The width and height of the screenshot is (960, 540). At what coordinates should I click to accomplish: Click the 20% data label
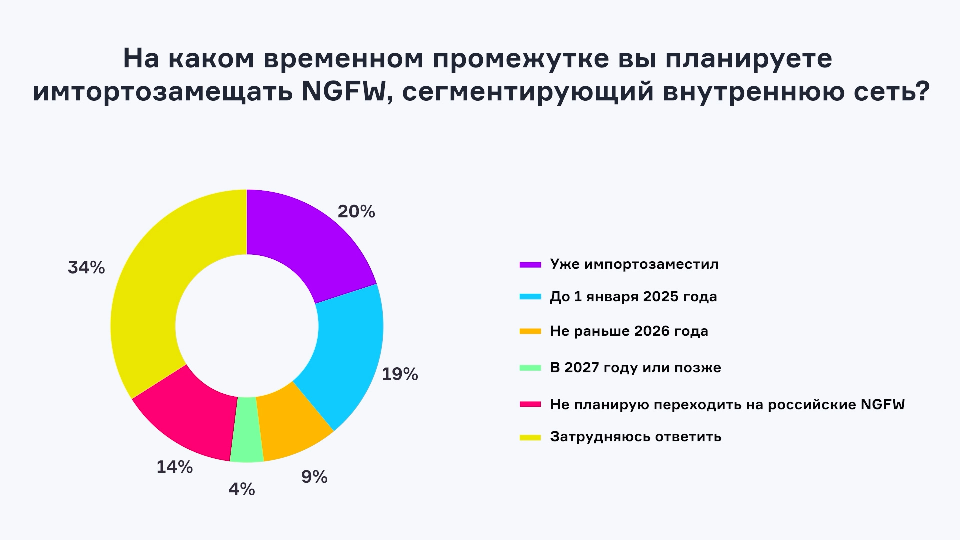click(x=356, y=212)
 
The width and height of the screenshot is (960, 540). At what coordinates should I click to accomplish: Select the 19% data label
click(x=400, y=374)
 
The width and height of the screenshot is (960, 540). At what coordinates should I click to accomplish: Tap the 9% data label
click(x=314, y=477)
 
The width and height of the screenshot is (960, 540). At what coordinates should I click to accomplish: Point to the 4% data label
click(x=242, y=490)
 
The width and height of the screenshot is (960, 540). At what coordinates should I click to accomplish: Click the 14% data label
click(x=175, y=467)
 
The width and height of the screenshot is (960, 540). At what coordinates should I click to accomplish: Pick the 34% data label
click(x=86, y=268)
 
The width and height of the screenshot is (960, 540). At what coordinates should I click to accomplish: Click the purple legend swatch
click(x=530, y=264)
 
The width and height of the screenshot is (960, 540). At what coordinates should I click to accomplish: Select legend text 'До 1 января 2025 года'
click(x=633, y=297)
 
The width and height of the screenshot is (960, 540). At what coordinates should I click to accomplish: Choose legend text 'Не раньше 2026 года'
click(x=629, y=331)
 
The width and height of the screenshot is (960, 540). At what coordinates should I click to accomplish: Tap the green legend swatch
click(x=530, y=368)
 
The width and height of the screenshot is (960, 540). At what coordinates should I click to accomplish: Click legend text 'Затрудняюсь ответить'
click(x=635, y=437)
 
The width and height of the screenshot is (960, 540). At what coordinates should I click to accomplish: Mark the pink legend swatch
click(x=530, y=404)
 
